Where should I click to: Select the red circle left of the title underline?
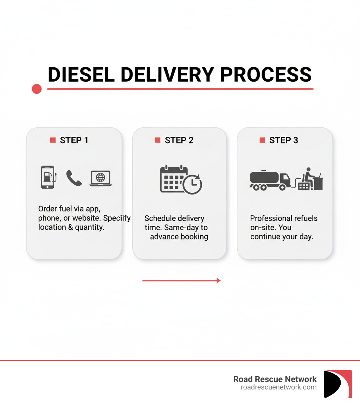[37, 89]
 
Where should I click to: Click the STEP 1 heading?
[74, 140]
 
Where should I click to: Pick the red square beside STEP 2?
[157, 140]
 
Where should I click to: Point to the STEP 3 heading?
[283, 140]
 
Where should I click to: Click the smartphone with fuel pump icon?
[48, 177]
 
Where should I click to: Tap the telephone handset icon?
[74, 178]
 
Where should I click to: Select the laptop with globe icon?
[101, 178]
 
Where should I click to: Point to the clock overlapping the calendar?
[193, 185]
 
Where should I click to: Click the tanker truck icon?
[269, 180]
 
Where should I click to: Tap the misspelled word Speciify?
[117, 218]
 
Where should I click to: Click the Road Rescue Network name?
[275, 379]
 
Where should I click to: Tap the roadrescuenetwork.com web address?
[278, 387]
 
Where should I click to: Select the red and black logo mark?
[338, 384]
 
